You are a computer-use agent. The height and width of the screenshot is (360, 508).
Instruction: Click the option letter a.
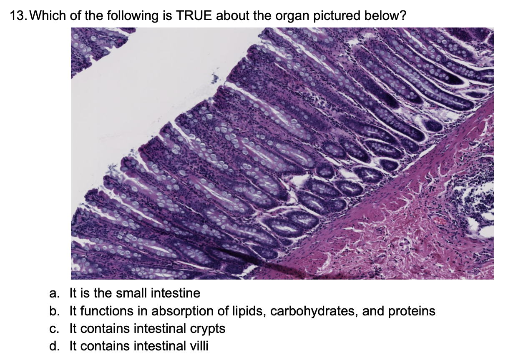tap(53, 293)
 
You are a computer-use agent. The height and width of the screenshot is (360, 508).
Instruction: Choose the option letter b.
tap(53, 311)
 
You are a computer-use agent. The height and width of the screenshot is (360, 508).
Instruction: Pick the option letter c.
tap(53, 328)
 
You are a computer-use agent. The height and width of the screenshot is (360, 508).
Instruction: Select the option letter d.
tap(53, 346)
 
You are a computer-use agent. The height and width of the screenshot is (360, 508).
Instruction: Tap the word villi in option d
tap(198, 346)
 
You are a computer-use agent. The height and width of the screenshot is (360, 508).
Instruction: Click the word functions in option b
tap(102, 311)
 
